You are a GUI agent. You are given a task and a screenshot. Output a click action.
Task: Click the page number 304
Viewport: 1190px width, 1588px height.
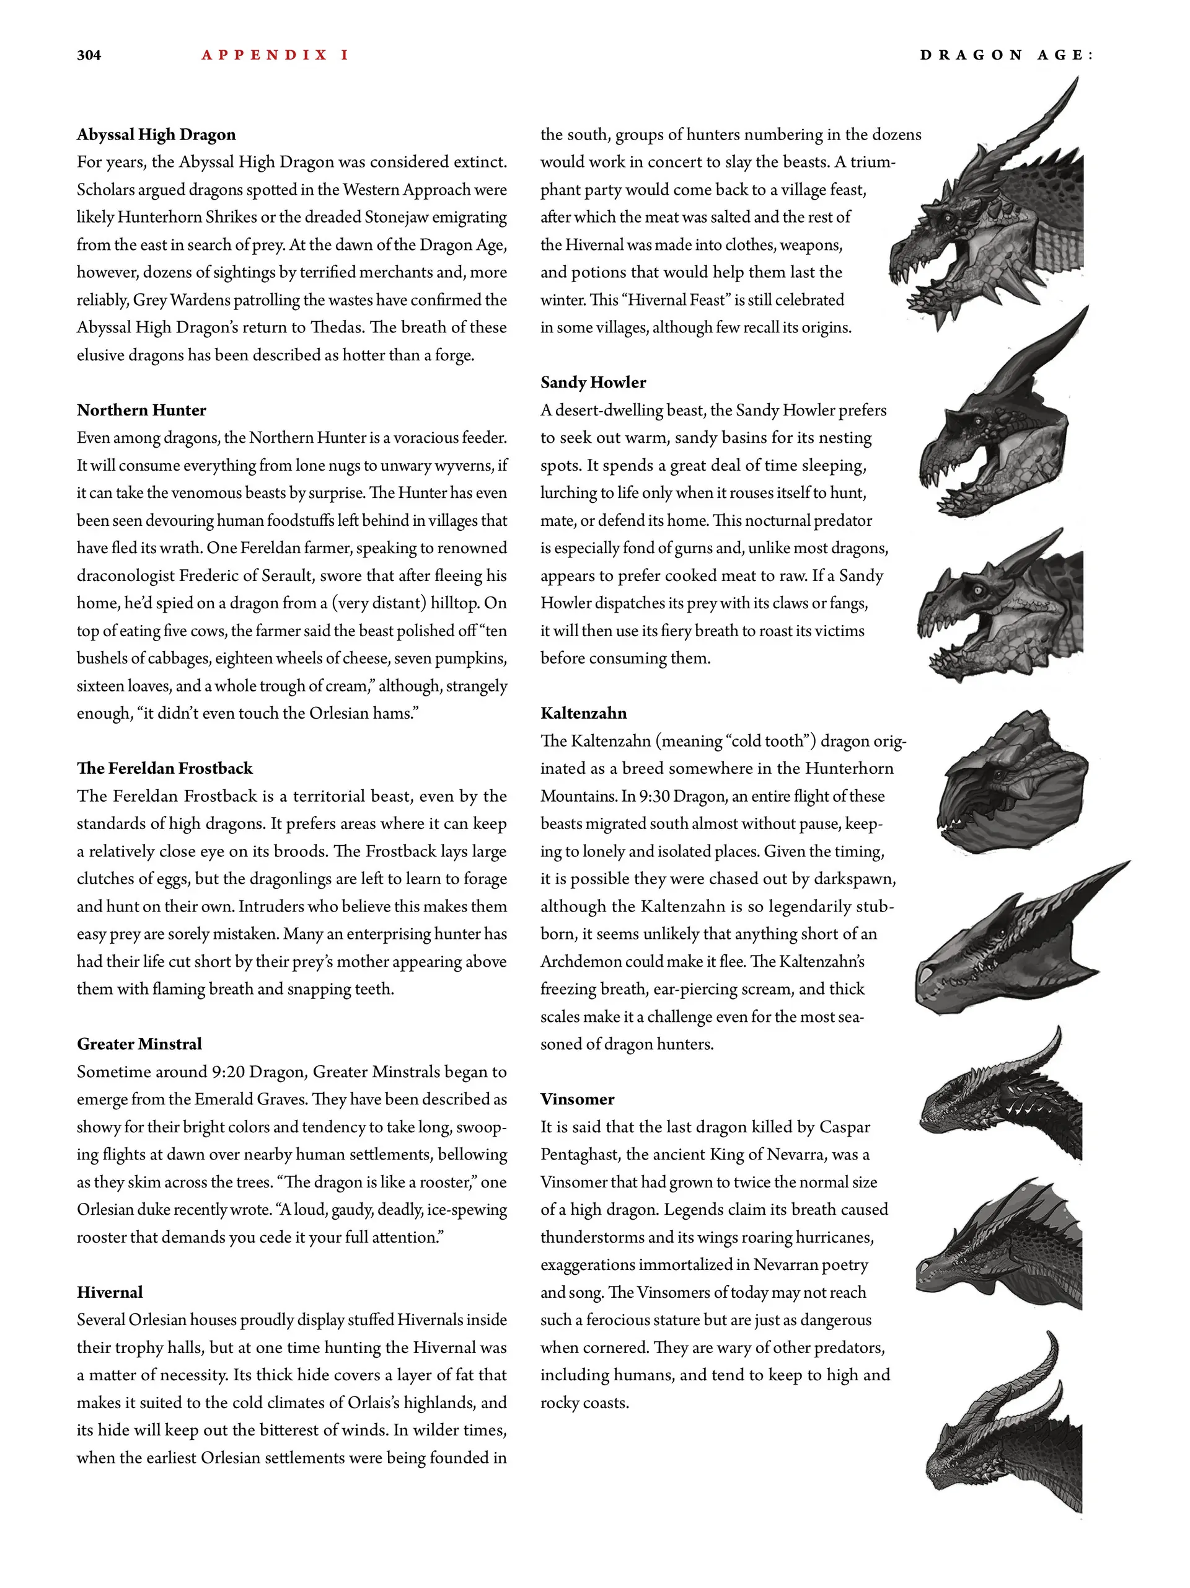[89, 55]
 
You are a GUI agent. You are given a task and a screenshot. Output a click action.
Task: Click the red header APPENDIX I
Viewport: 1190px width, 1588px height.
[275, 55]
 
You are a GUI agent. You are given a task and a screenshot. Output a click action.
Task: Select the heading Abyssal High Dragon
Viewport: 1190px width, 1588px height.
[156, 135]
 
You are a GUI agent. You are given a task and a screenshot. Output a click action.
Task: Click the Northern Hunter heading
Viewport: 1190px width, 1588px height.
[141, 410]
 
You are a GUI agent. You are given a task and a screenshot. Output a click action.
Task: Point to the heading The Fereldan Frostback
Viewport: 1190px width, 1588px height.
[165, 769]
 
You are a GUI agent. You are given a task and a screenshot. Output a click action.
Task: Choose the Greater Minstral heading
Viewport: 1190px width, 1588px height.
[139, 1045]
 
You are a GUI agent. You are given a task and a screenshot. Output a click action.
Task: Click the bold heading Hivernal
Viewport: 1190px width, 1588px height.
[110, 1292]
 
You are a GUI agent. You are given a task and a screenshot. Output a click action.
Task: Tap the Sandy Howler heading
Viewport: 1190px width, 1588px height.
[594, 383]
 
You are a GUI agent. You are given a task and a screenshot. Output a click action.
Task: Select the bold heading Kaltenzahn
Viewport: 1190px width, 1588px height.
[583, 714]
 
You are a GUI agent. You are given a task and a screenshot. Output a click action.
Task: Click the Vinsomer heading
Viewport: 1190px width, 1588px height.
[578, 1100]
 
